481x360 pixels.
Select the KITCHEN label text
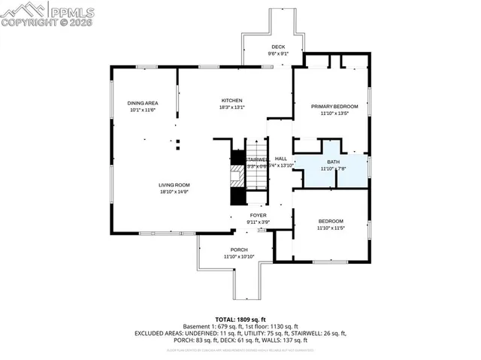pos(231,101)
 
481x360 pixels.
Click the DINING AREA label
pos(142,103)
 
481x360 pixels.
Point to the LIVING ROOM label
pos(174,185)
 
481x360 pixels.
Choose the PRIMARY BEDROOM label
pos(334,107)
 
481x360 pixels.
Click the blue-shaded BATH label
pos(333,162)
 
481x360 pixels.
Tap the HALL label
pos(281,159)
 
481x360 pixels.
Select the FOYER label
pos(259,215)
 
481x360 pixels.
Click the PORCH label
pos(239,250)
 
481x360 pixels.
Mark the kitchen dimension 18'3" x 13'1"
pos(231,107)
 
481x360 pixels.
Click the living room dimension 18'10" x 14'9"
pos(174,192)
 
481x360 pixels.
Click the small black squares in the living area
pos(178,144)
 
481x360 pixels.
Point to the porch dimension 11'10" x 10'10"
pos(239,257)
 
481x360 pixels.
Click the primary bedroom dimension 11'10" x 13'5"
pos(334,114)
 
